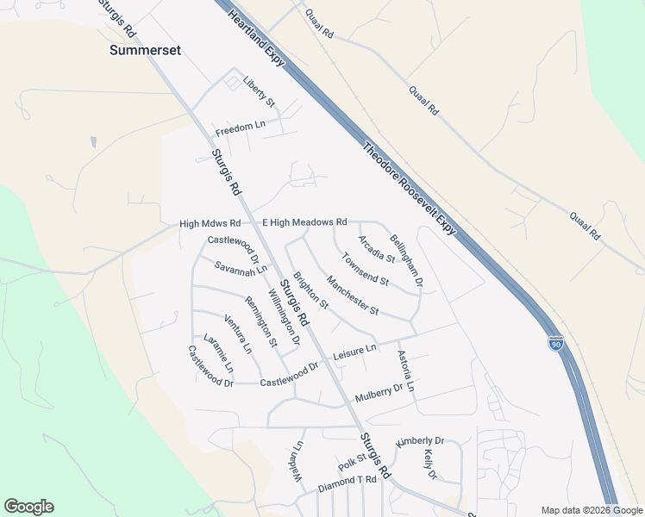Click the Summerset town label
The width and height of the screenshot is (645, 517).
(146, 51)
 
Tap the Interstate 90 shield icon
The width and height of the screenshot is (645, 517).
(556, 343)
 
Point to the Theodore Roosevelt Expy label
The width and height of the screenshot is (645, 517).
(409, 187)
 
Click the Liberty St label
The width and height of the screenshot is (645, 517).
(259, 90)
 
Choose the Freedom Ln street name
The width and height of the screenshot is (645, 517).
(241, 127)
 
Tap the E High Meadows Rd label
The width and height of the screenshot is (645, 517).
(304, 222)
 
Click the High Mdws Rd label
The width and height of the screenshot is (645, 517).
(210, 224)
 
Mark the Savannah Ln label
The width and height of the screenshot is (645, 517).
(241, 269)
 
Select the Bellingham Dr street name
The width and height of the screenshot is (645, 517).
(406, 259)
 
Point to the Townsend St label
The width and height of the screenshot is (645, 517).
(365, 268)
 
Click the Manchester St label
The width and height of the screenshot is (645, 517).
(352, 295)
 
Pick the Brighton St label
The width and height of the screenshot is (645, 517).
(310, 291)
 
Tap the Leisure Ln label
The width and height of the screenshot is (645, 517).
(355, 350)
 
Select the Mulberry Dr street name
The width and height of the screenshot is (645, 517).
(379, 394)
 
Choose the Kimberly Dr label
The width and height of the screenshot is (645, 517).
(419, 441)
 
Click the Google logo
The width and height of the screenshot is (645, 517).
(28, 507)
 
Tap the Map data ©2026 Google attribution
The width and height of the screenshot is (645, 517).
(592, 510)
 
